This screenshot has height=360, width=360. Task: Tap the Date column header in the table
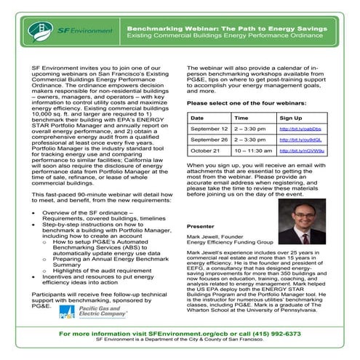(x=196, y=116)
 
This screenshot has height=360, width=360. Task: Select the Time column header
(x=241, y=116)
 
